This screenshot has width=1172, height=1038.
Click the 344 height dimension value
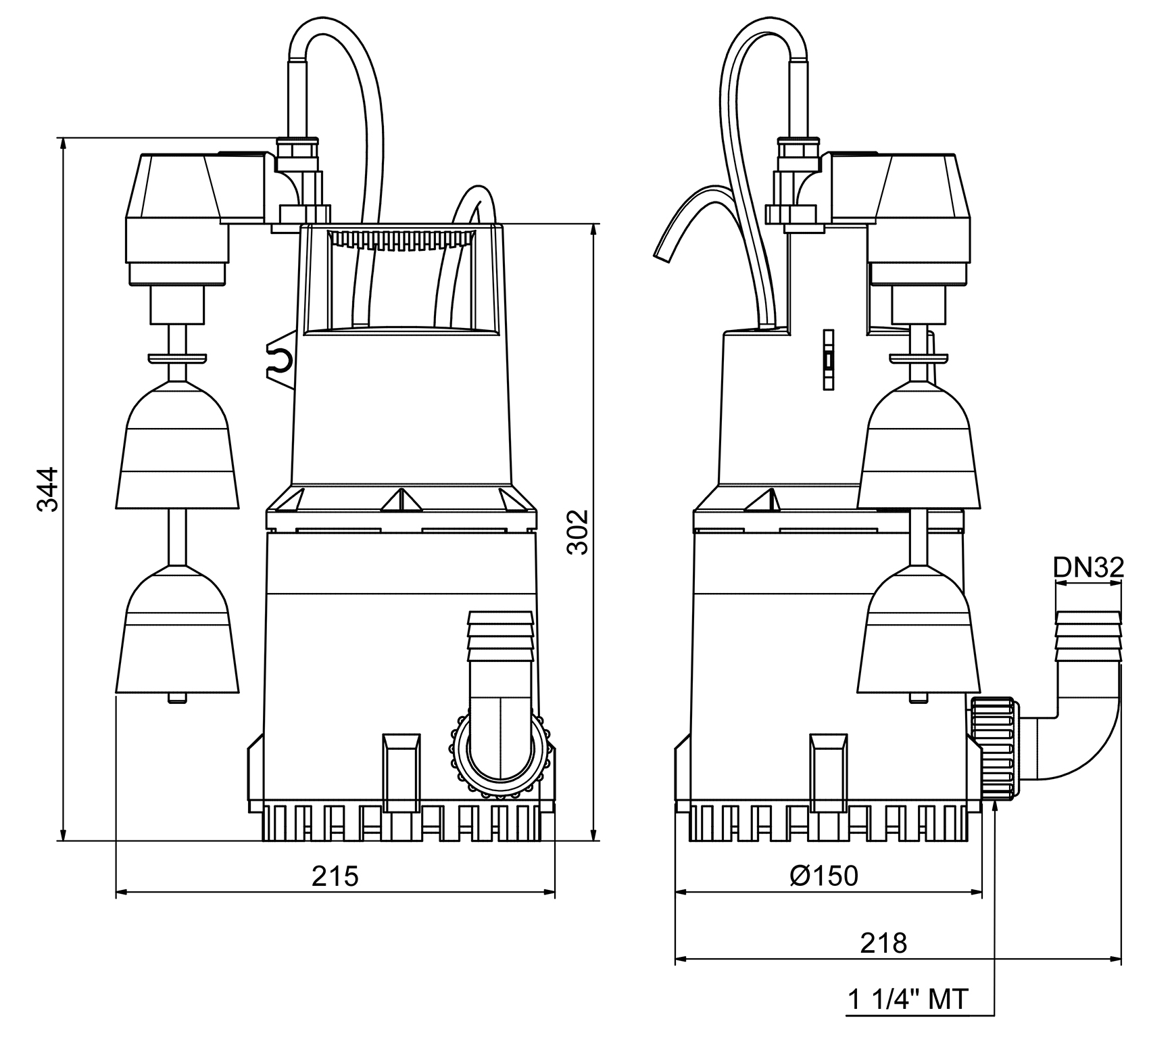click(x=48, y=488)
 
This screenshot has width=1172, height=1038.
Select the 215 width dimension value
click(x=335, y=876)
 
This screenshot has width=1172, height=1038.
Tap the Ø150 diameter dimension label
click(x=824, y=876)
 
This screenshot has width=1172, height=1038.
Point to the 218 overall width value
click(x=883, y=942)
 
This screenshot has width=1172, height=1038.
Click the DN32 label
click(x=1088, y=567)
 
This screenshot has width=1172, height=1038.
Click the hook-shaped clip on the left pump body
click(x=280, y=362)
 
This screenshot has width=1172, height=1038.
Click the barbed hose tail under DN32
click(x=1088, y=636)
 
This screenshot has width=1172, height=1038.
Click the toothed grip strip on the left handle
click(x=401, y=239)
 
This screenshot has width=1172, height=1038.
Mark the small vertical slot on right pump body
click(x=828, y=360)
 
